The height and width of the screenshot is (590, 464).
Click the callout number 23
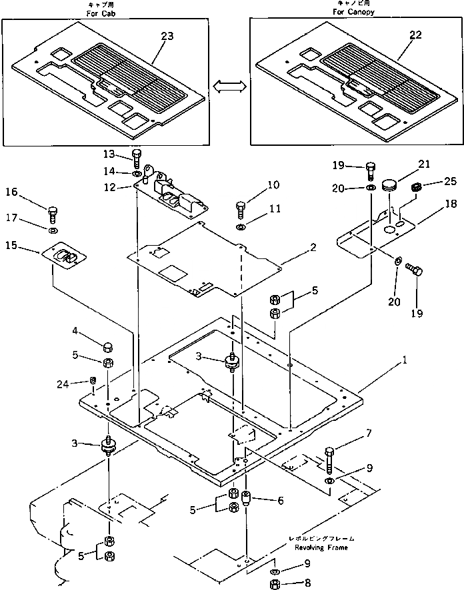tap(167, 36)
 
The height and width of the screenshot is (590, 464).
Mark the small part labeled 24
tap(94, 382)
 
